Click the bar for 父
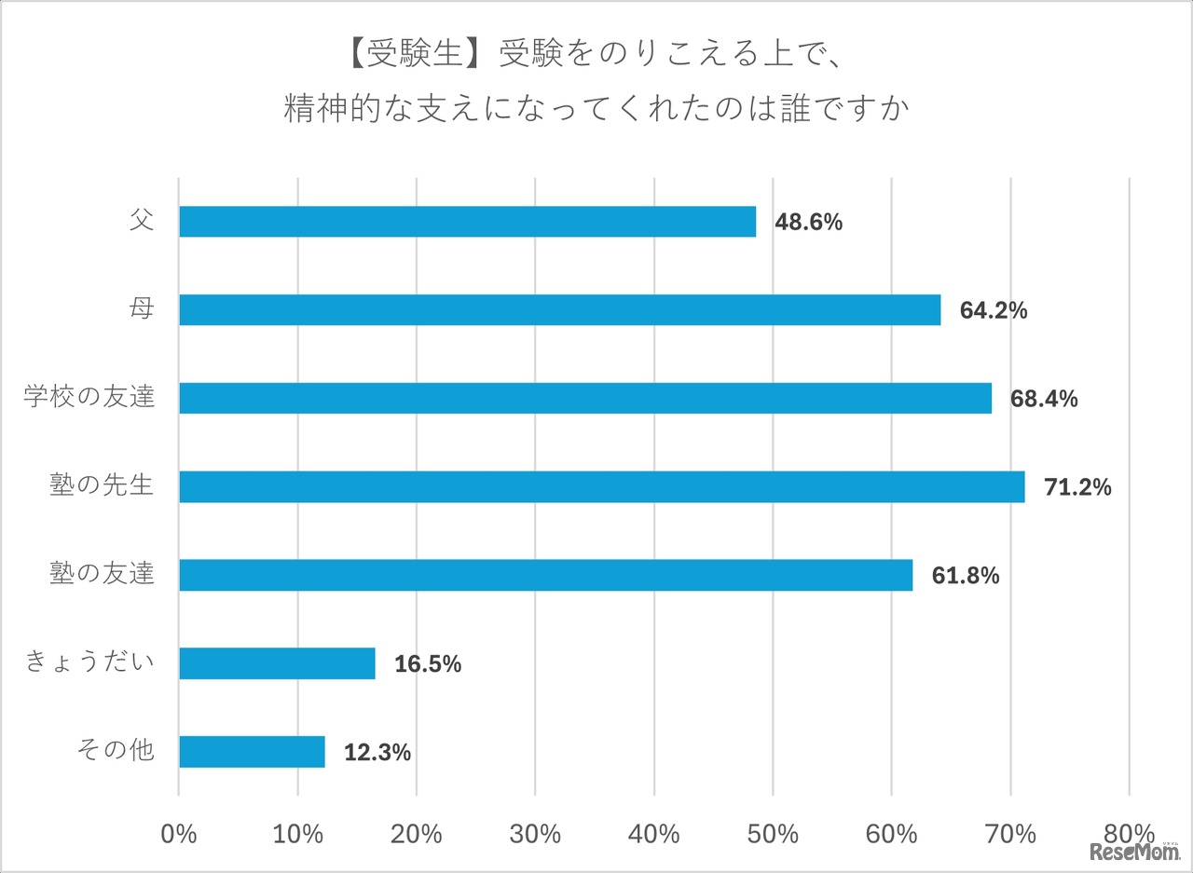[467, 222]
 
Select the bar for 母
[559, 310]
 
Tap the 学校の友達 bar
[584, 399]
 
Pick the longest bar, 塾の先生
[601, 487]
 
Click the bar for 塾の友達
[545, 576]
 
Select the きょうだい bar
[277, 664]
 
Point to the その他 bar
[252, 752]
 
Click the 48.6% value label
[808, 223]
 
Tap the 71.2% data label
[1077, 487]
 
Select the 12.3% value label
[377, 753]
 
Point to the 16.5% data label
[428, 664]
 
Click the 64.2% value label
[994, 311]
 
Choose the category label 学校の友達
[89, 398]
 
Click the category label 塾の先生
[102, 485]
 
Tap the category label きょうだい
[89, 663]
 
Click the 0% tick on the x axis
[179, 833]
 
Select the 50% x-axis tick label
[773, 833]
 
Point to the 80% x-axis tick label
[1129, 833]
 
